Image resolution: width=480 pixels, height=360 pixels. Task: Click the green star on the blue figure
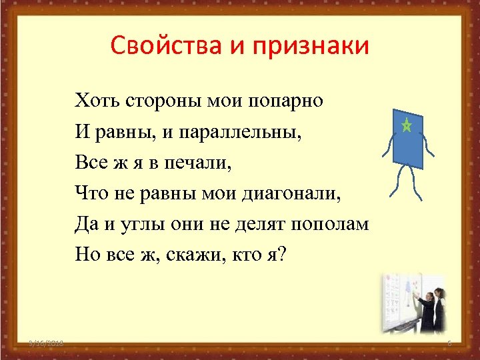coord(405,125)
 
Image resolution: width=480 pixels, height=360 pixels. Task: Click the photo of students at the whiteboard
coord(412,303)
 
